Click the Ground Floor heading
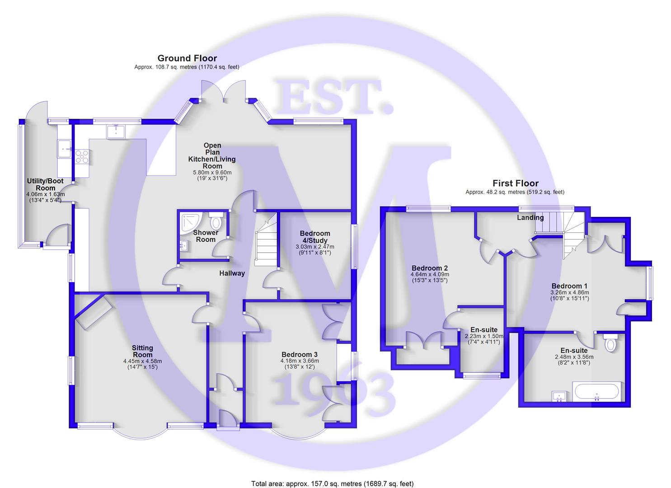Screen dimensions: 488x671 click(187, 58)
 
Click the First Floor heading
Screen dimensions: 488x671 click(515, 183)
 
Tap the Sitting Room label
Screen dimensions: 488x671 click(142, 351)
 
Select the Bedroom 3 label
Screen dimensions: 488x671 click(300, 354)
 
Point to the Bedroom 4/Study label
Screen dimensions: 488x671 click(315, 237)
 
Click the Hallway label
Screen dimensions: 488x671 click(232, 273)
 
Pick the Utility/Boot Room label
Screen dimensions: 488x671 click(45, 184)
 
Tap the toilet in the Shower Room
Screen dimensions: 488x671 click(216, 221)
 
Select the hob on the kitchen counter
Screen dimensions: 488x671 click(82, 156)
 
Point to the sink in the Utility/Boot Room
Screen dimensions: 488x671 click(63, 148)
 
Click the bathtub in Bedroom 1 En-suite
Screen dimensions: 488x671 click(596, 391)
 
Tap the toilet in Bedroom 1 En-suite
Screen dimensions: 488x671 click(610, 344)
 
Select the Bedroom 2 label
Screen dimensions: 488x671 click(423, 267)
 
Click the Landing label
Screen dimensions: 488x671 click(530, 218)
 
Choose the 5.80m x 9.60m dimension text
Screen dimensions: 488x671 click(212, 172)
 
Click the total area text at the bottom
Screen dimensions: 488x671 click(332, 484)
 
